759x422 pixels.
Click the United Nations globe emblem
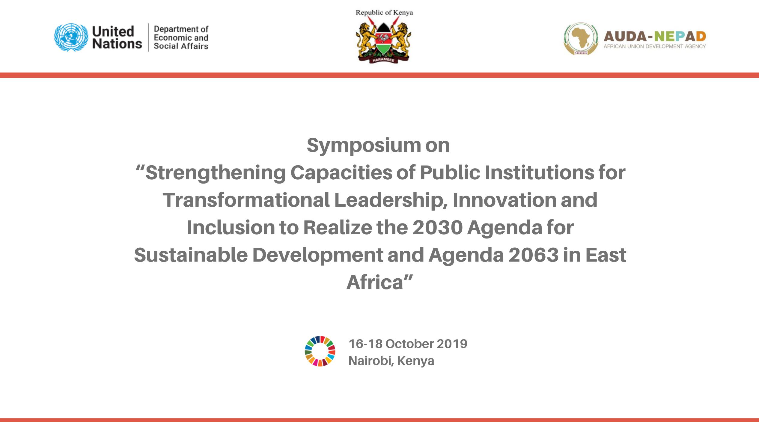71,37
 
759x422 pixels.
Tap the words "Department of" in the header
181,29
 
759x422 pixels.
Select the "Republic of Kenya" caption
384,13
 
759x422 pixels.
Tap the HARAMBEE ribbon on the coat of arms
384,59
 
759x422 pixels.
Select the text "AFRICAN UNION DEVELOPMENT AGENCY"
655,46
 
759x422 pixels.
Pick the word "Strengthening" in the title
216,174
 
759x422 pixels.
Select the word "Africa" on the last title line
375,283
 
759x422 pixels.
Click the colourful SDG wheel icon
320,351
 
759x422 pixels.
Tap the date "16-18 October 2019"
408,344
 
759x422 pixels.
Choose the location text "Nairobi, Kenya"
391,361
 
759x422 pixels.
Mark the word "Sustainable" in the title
191,255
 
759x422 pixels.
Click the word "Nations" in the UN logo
117,44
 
